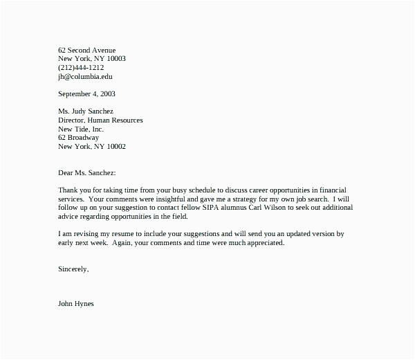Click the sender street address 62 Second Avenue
point(86,50)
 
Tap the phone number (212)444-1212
point(81,68)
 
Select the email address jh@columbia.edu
point(85,77)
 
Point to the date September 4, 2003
point(87,93)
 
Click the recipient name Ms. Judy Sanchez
point(86,111)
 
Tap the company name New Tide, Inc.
point(81,129)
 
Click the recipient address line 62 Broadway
point(78,138)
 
